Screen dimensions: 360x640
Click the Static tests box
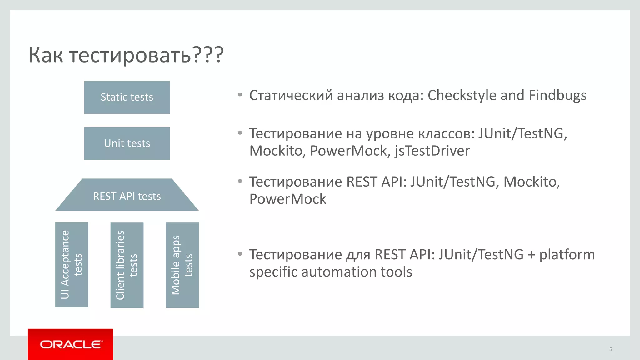[x=127, y=97]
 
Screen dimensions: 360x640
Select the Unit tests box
[x=127, y=143]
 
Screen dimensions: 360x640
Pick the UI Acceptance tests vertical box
[x=72, y=265]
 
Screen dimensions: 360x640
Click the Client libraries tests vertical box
[x=127, y=265]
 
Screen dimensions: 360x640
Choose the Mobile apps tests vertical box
[x=182, y=265]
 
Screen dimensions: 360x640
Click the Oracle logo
[x=71, y=344]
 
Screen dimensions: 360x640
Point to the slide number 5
[x=610, y=349]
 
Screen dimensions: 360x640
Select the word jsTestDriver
[x=432, y=151]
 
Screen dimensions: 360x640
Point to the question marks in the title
[x=208, y=55]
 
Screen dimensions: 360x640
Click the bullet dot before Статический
[x=240, y=94]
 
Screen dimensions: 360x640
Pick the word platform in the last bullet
[x=567, y=255]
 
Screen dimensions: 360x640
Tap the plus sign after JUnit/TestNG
[x=531, y=255]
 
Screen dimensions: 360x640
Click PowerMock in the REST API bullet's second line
[x=287, y=199]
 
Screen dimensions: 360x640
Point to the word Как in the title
[x=46, y=55]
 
